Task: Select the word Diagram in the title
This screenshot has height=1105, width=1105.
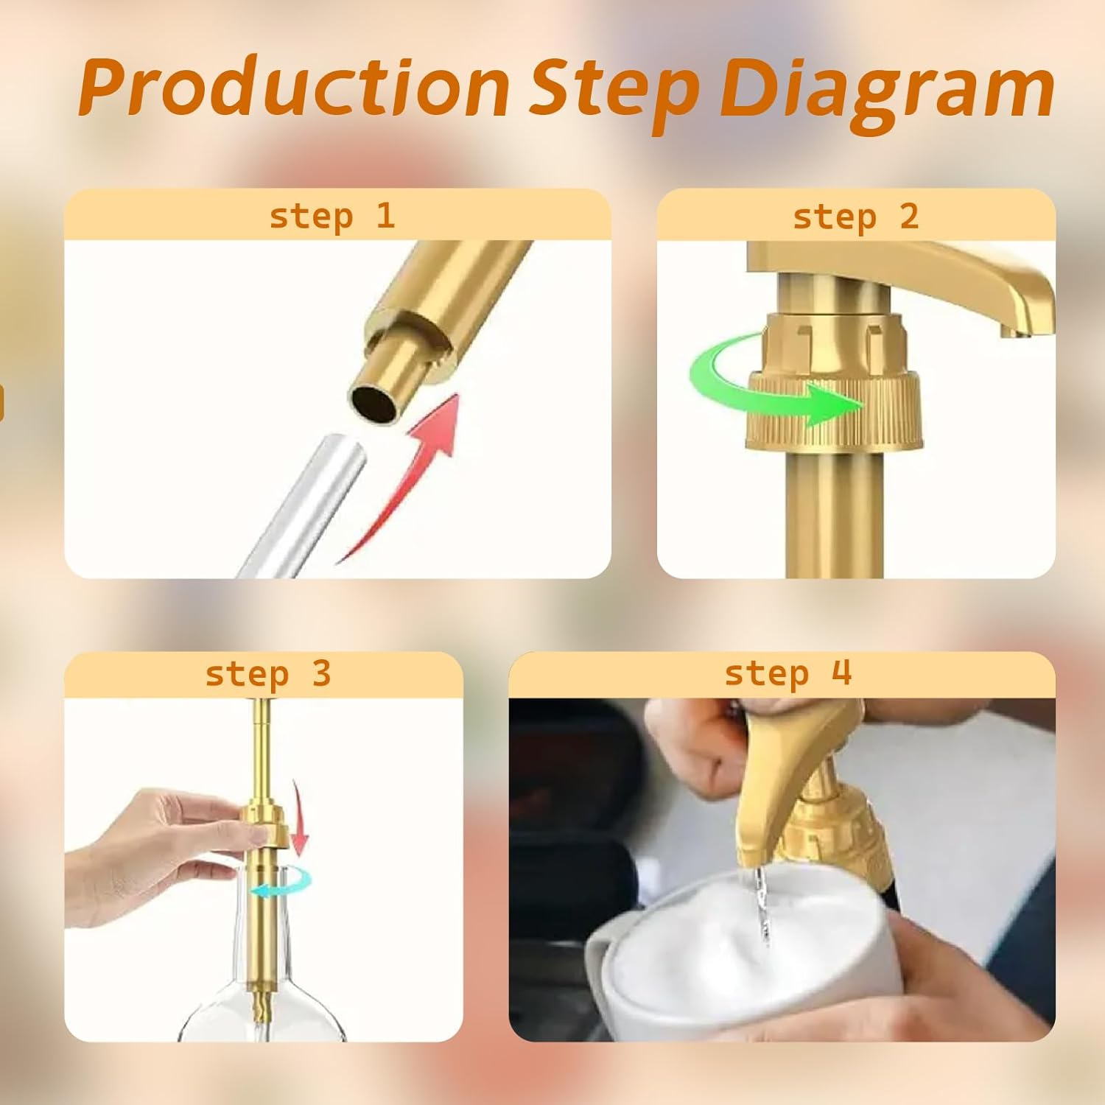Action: (x=887, y=93)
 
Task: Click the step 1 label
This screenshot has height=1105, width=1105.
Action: (x=332, y=217)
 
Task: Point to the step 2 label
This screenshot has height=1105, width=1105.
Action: (x=855, y=217)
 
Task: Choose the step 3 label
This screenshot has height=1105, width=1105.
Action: (x=268, y=674)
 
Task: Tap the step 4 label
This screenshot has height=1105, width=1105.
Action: (x=787, y=673)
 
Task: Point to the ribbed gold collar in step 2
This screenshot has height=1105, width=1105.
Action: (x=835, y=410)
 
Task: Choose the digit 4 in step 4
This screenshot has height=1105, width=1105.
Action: (x=841, y=672)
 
